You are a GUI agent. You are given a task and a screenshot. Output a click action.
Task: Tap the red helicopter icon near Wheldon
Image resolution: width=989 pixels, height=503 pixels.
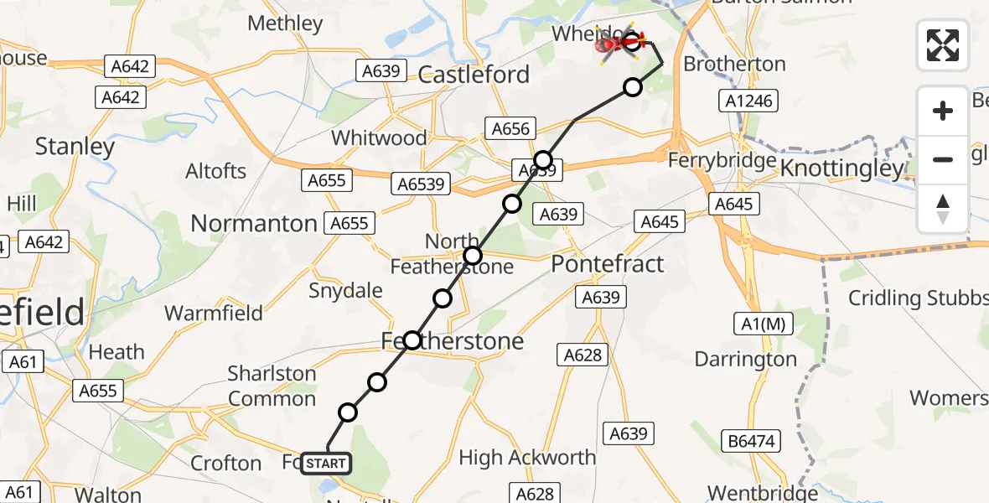(619, 44)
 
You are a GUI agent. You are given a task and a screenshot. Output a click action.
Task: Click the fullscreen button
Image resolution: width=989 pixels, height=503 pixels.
(943, 45)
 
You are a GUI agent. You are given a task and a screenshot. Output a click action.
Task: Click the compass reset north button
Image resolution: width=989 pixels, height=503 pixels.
(943, 209)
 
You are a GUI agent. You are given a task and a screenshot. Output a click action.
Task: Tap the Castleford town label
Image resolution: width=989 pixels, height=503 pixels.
(475, 75)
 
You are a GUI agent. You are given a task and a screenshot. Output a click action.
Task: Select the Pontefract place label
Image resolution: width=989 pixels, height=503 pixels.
(607, 264)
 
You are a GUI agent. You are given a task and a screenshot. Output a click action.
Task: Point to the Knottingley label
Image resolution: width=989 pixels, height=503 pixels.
(842, 169)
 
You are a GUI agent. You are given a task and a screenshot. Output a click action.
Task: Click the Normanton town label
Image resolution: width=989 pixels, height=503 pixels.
(254, 224)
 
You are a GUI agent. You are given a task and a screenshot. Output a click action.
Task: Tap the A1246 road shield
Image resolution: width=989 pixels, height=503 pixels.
(750, 102)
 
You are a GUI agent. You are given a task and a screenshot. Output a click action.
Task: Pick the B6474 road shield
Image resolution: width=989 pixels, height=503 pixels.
(752, 438)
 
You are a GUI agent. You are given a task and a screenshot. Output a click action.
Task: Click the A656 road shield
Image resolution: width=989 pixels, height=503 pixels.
(510, 129)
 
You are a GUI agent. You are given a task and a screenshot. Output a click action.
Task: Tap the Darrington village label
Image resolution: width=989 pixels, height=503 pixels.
(745, 360)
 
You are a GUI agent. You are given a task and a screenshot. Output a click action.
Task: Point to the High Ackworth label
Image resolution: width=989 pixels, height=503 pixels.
(527, 458)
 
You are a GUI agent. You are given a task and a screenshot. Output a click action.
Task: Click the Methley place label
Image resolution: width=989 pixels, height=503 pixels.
(285, 23)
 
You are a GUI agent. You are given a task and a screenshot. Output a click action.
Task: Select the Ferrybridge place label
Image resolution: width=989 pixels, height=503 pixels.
(722, 160)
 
